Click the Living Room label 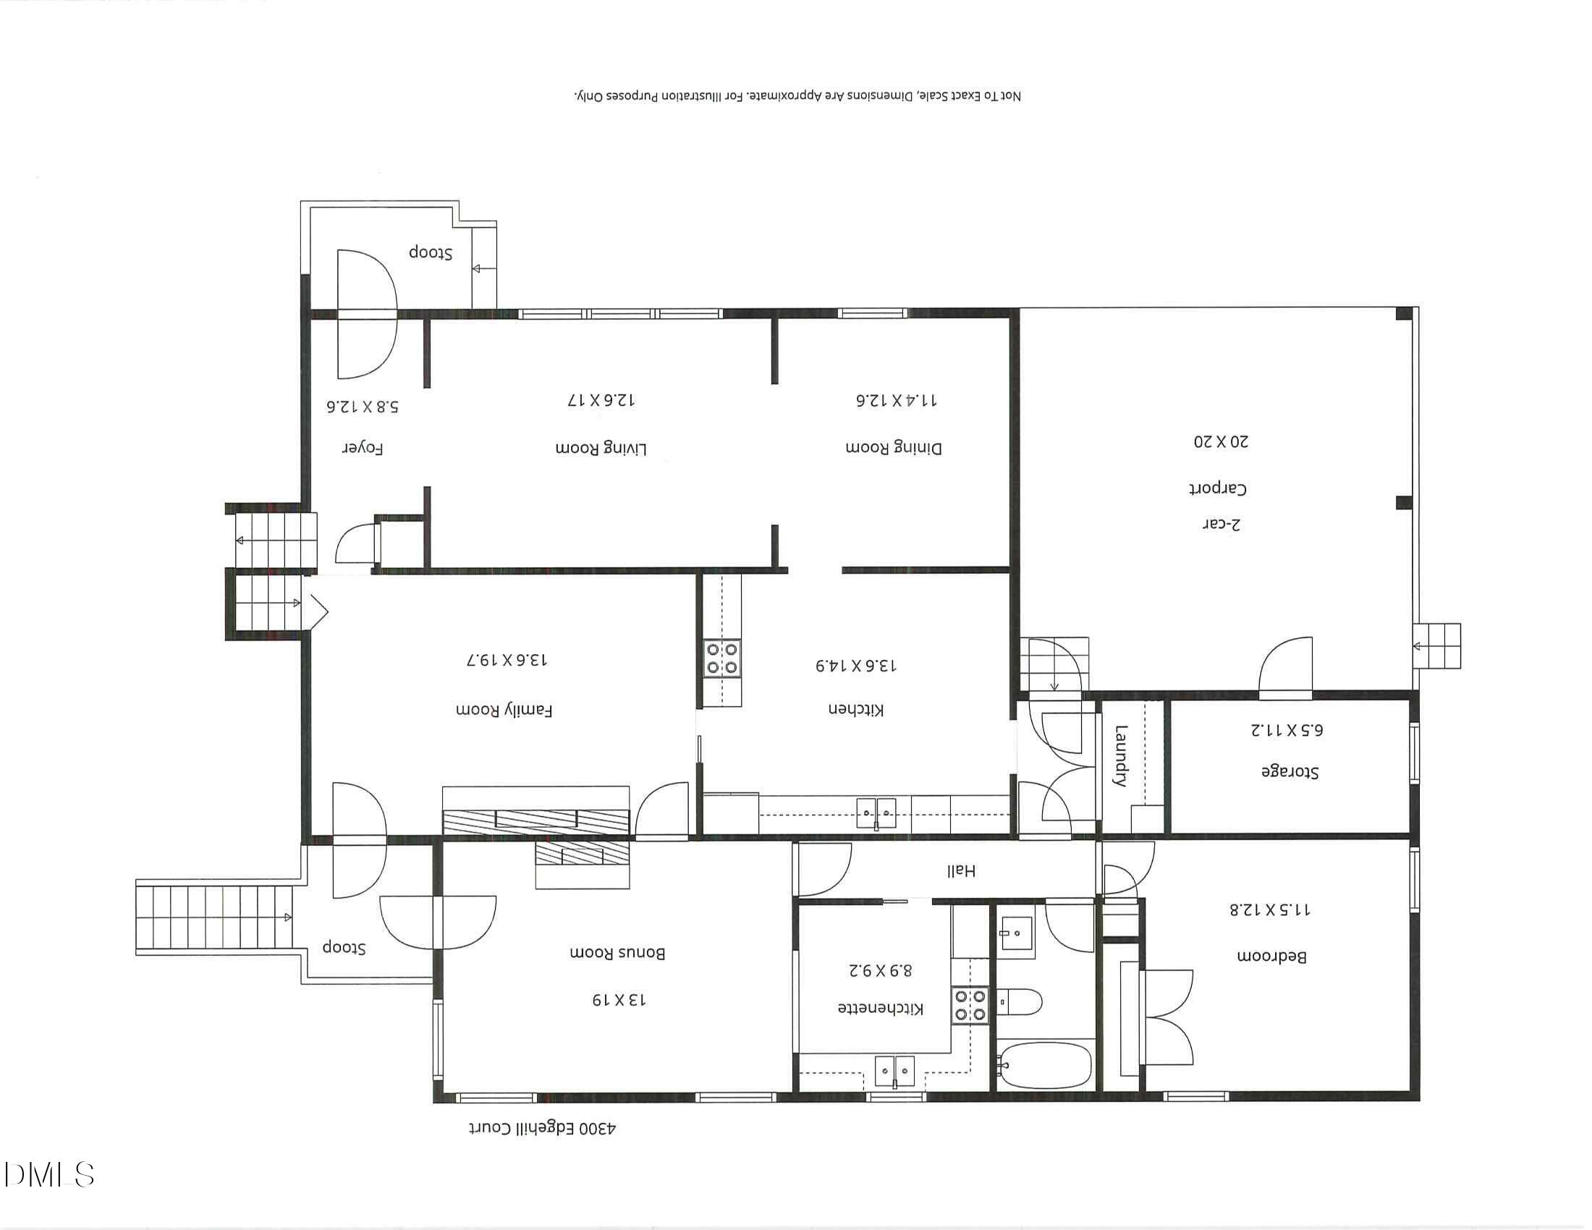601,448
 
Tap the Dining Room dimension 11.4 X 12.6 896,400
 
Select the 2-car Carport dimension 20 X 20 1220,441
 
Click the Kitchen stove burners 721,658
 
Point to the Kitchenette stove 970,1006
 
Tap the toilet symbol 1019,1003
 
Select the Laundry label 1120,755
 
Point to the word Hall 961,870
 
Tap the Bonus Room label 617,952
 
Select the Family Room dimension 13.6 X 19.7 507,660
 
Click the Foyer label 363,448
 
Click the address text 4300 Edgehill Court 542,1129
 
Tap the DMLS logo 49,1174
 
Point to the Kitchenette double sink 894,1070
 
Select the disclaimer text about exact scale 797,96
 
